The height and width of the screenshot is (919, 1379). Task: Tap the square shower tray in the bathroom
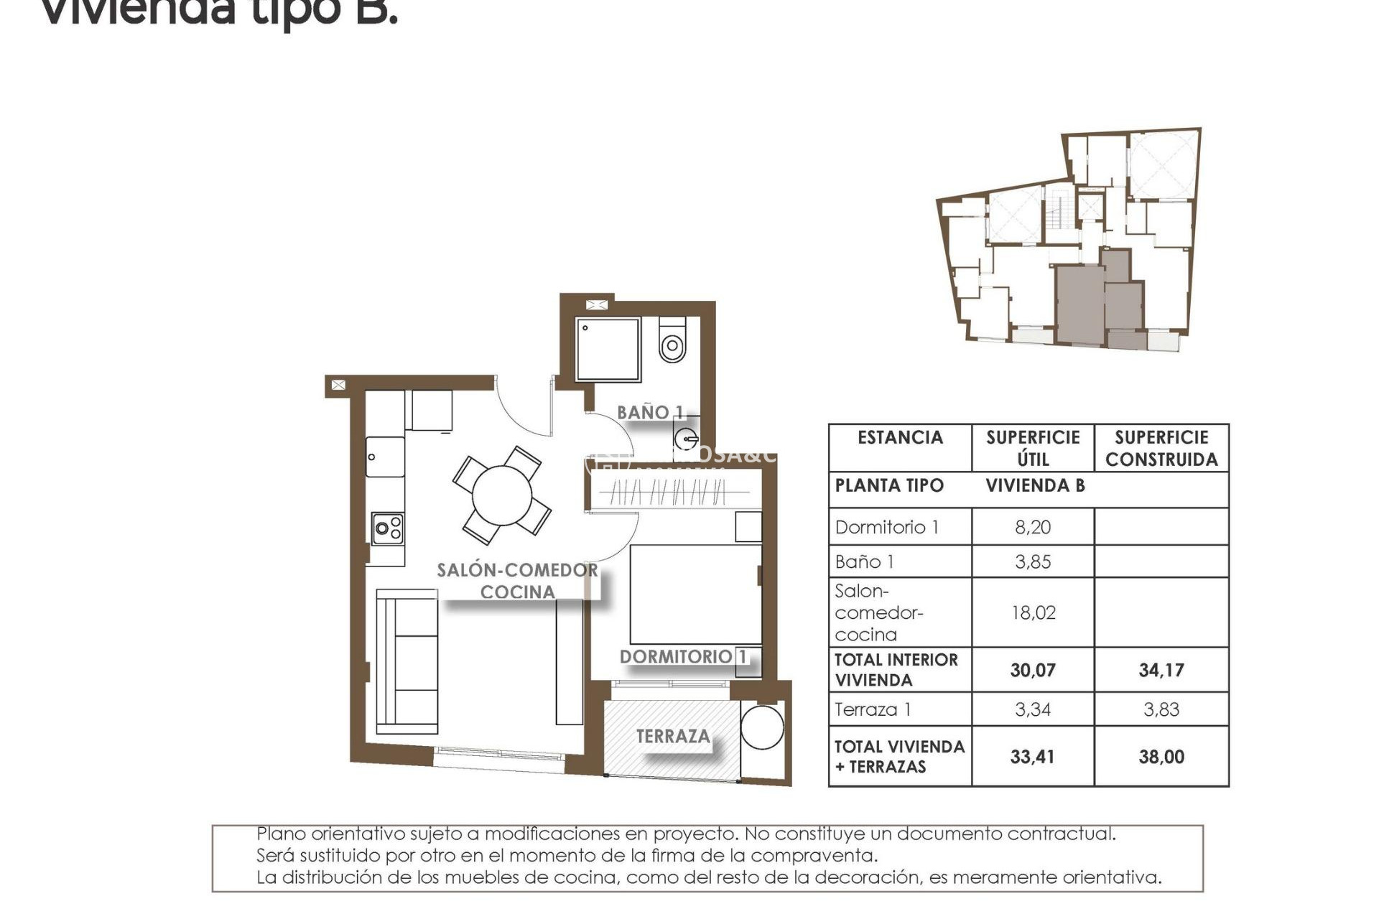click(x=608, y=350)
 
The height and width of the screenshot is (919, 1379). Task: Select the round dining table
click(x=502, y=495)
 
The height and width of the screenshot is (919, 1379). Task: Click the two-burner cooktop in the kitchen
click(x=388, y=529)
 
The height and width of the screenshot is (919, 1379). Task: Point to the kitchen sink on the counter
click(x=385, y=457)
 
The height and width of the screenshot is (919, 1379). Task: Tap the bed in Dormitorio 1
click(x=695, y=594)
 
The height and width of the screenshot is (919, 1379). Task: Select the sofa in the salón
click(x=407, y=661)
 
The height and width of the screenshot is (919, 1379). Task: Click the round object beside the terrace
click(x=762, y=727)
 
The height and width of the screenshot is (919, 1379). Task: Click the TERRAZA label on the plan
click(x=673, y=737)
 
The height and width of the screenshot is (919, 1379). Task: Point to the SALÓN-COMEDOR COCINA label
click(x=517, y=581)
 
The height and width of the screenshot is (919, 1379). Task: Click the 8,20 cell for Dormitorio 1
click(x=1033, y=527)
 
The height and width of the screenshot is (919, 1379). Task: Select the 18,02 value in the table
click(x=1033, y=612)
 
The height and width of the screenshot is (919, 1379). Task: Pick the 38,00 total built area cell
click(x=1161, y=757)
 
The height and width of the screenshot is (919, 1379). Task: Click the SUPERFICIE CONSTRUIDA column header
click(x=1161, y=448)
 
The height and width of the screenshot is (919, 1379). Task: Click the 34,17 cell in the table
click(x=1161, y=670)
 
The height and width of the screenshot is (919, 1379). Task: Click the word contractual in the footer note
click(x=1062, y=834)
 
